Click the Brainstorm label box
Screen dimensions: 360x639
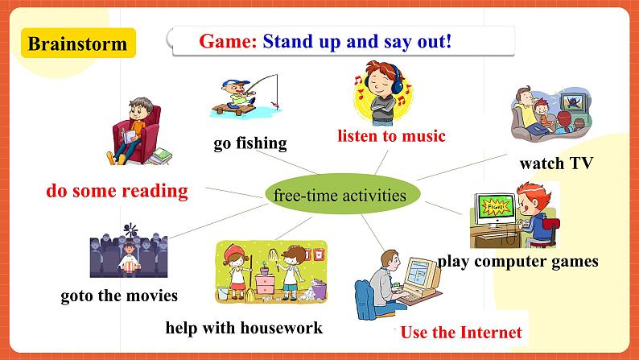(x=76, y=43)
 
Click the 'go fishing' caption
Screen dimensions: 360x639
(x=250, y=143)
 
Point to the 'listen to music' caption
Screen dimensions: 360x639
(x=390, y=135)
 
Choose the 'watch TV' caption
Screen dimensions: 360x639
(x=555, y=163)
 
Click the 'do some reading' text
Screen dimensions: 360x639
(x=117, y=191)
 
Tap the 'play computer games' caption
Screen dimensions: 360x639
(x=517, y=261)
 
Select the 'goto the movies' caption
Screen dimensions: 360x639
(x=119, y=296)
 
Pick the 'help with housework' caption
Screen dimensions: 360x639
(x=243, y=327)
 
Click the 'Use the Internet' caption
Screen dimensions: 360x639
(x=460, y=332)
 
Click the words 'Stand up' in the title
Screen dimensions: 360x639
(x=302, y=41)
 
